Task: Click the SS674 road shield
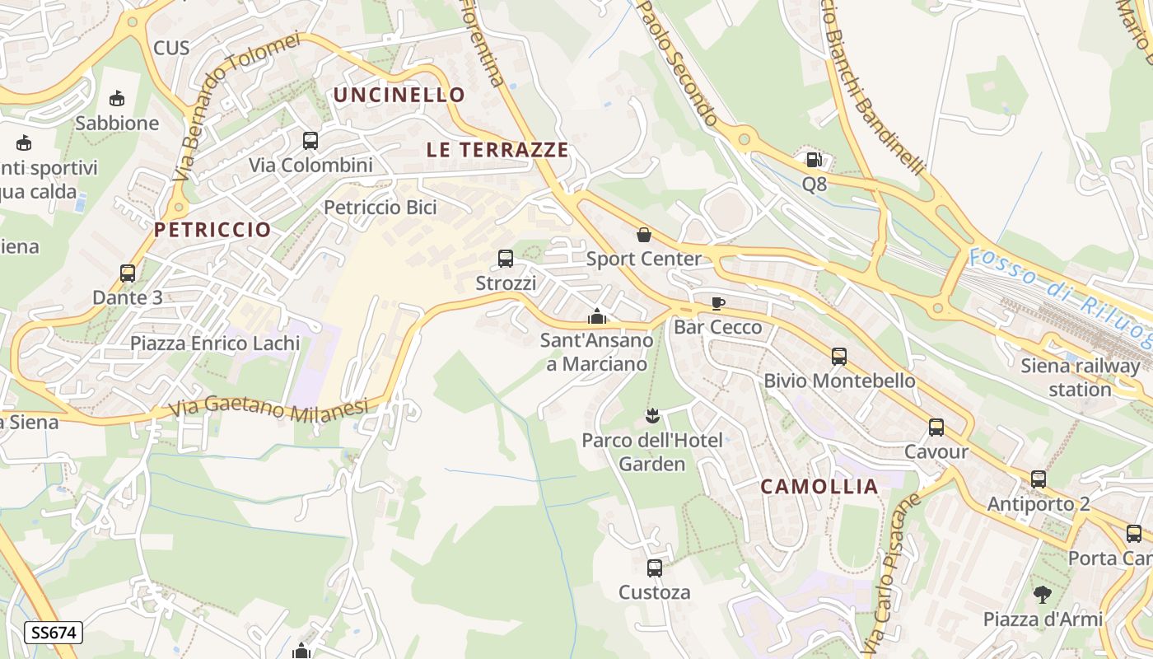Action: coord(54,633)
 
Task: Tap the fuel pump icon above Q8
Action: coord(814,160)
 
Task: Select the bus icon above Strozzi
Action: coord(506,259)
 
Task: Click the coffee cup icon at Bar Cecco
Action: coord(718,303)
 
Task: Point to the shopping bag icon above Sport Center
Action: coord(644,235)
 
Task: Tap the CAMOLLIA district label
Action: coord(819,487)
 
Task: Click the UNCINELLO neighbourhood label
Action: coord(399,95)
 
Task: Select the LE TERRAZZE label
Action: coord(497,150)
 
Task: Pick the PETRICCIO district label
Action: coord(212,230)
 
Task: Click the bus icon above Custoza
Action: coord(655,568)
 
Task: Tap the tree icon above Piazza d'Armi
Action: coord(1043,594)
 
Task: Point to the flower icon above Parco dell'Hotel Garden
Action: coord(653,415)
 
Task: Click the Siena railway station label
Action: coord(1080,377)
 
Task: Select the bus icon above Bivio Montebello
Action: coord(839,357)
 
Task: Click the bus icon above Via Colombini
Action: coord(310,141)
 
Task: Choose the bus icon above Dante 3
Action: coord(128,273)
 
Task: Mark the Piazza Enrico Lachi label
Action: coord(215,343)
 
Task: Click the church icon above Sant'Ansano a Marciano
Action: coord(597,316)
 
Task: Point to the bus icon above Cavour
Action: coord(936,428)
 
